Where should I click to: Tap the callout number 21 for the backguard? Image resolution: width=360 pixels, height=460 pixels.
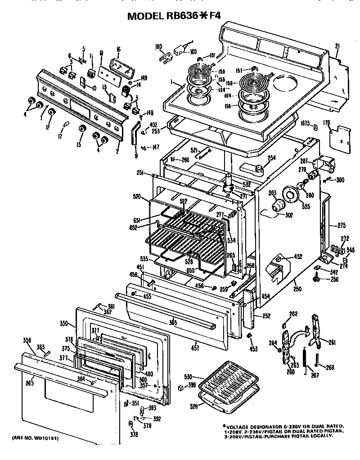[x=337, y=45]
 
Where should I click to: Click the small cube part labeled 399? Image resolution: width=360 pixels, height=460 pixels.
[x=180, y=387]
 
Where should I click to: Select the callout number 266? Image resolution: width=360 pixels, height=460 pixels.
[x=330, y=368]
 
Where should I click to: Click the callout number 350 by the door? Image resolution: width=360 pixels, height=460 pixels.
[x=63, y=323]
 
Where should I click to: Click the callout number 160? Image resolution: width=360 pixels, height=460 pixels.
[x=193, y=52]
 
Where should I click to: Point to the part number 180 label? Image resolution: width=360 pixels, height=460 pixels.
[x=158, y=46]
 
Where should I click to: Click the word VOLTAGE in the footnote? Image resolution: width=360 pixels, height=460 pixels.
[x=239, y=426]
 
